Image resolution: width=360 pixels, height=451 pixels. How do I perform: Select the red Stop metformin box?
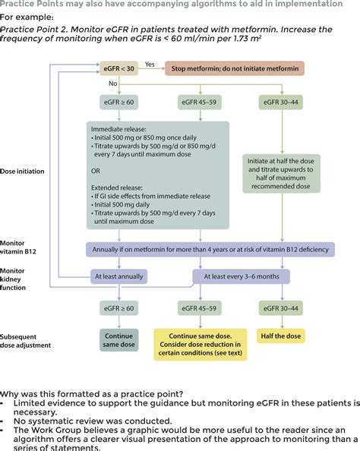pos(234,68)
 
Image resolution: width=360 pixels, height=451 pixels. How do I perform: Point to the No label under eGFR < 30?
pos(113,84)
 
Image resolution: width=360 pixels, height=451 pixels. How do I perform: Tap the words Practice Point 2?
pos(36,29)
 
